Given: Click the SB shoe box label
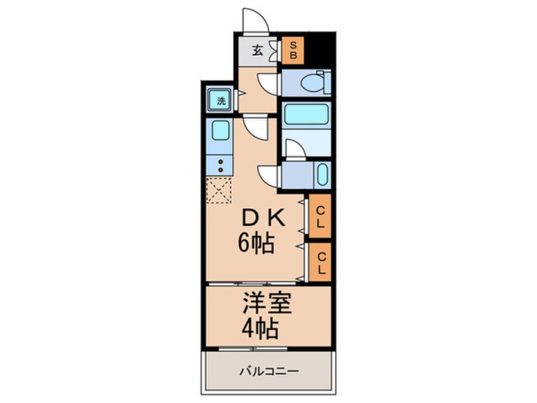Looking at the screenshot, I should [x=293, y=49].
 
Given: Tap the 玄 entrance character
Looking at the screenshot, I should [x=258, y=50].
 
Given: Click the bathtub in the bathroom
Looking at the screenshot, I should [x=305, y=115].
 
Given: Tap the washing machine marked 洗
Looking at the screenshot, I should [x=220, y=100].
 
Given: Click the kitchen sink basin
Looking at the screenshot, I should [x=220, y=132].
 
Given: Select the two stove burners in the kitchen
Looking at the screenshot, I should [x=220, y=166].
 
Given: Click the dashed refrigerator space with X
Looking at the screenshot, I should [x=220, y=190].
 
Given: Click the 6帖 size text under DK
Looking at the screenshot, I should [x=257, y=243].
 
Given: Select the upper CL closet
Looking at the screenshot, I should [x=321, y=217].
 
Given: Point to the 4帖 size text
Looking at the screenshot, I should [x=258, y=330].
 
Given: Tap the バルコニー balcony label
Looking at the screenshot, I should [x=268, y=371].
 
